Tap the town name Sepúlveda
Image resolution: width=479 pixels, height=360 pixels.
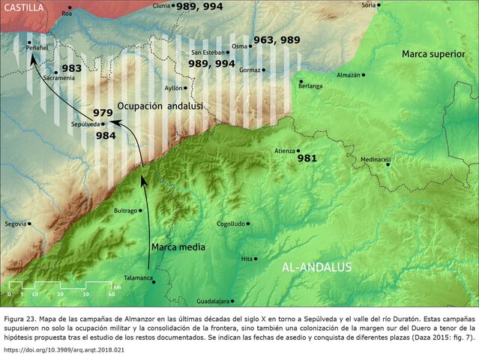[x=85, y=124]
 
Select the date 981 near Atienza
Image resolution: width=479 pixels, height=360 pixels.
[x=307, y=159]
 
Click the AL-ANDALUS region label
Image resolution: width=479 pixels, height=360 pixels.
[x=316, y=267]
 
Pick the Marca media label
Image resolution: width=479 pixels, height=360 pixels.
[x=178, y=247]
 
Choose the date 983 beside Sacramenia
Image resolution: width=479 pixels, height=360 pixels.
[x=71, y=68]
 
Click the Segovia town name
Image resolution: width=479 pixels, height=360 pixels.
[x=15, y=223]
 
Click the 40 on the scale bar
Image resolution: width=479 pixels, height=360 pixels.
[x=111, y=294]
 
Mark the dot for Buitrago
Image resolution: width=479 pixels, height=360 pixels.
[x=140, y=211]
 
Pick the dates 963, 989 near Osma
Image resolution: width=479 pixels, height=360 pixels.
[x=277, y=40]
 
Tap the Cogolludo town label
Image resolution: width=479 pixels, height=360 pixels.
[x=229, y=223]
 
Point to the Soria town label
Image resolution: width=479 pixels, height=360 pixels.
[x=368, y=4]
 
